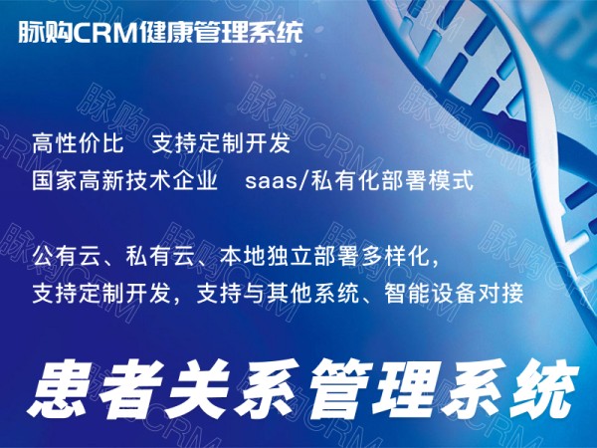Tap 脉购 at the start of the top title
tap(46, 32)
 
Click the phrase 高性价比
tap(78, 143)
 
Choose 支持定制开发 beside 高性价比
tap(221, 143)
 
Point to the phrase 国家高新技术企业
tap(125, 180)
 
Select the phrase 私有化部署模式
tap(392, 180)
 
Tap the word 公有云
tap(67, 257)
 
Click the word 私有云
tap(160, 257)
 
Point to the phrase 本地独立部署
tap(289, 257)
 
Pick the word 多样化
tap(394, 257)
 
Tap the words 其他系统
tap(312, 294)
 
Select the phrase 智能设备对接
tap(454, 294)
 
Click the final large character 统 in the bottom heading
tap(544, 388)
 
